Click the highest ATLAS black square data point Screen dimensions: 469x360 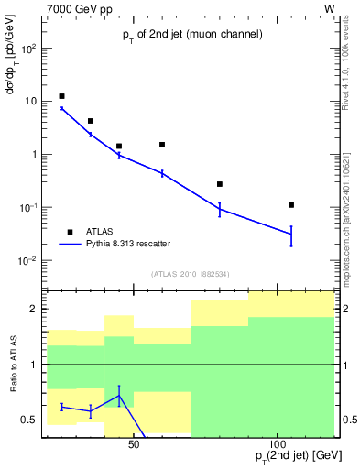pyautogui.click(x=61, y=96)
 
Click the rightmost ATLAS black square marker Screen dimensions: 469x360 pyautogui.click(x=291, y=205)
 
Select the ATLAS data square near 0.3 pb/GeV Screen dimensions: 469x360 pyautogui.click(x=220, y=184)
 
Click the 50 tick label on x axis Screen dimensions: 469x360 pyautogui.click(x=133, y=444)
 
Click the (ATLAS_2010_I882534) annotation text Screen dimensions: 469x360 pyautogui.click(x=192, y=272)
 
